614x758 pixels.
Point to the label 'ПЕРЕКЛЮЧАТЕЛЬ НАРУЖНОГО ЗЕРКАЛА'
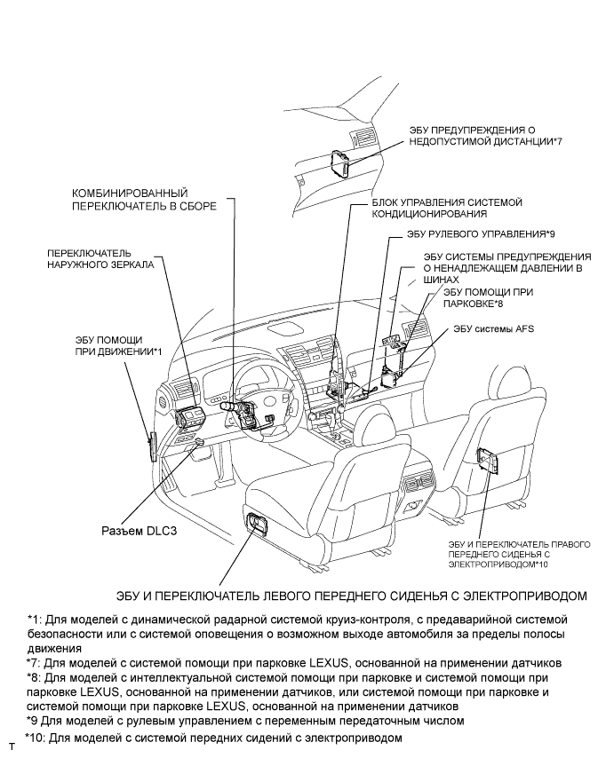click(100, 258)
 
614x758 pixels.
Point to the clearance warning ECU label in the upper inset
click(485, 135)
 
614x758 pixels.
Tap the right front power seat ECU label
click(494, 548)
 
